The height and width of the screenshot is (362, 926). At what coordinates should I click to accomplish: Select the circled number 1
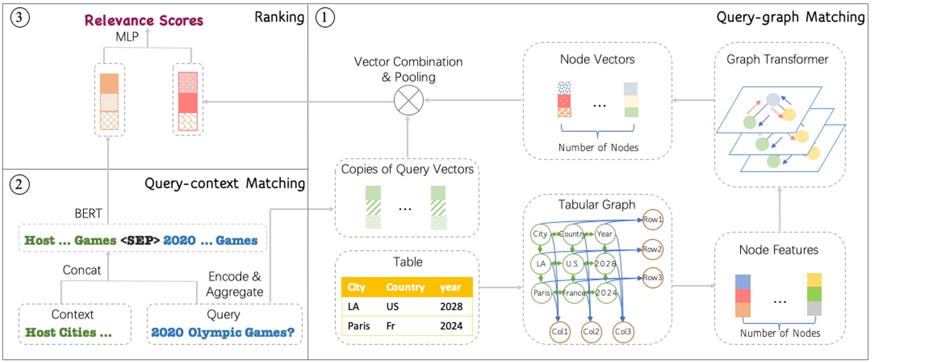coord(324,18)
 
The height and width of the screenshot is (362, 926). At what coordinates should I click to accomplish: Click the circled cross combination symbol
coord(409,100)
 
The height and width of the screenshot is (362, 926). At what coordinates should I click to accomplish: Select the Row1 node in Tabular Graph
coord(653,219)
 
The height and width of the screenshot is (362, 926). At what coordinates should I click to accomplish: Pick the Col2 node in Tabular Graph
coord(591,331)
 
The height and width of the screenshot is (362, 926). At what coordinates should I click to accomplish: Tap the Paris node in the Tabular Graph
coord(541,292)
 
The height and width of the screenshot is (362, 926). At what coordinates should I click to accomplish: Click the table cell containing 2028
coord(450,306)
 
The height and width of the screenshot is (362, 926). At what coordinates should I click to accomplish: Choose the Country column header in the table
coord(405,287)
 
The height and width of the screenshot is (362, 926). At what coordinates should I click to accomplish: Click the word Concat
coord(82,270)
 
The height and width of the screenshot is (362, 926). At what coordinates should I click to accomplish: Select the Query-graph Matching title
coord(790,18)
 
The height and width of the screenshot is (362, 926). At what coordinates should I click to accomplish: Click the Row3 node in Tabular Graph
coord(653,278)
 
